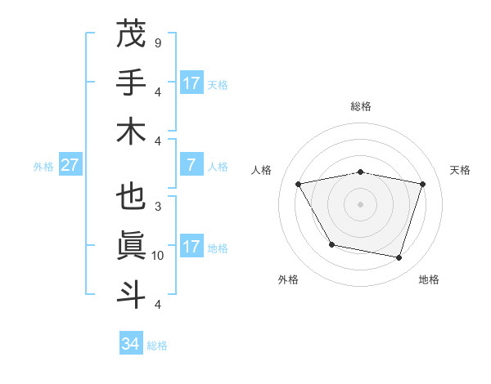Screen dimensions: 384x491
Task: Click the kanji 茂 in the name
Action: (131, 35)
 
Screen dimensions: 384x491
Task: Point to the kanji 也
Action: (131, 199)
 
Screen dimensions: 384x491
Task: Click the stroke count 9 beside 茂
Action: (157, 42)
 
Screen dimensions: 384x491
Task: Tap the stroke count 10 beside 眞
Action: (158, 256)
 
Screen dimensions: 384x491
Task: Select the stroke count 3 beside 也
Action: (157, 207)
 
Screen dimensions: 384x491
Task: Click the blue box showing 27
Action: (70, 165)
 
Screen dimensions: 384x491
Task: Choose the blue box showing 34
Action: (131, 344)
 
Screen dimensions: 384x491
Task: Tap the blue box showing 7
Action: (191, 165)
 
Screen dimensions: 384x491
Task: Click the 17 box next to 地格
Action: (191, 247)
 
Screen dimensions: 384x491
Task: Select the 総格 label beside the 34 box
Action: (157, 346)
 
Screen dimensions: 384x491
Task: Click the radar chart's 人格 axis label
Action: (262, 170)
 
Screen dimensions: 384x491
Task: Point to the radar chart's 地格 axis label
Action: (429, 279)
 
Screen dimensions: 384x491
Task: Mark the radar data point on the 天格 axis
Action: (422, 184)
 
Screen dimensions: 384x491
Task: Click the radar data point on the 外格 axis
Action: (331, 244)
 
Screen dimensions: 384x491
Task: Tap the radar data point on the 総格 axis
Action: (360, 172)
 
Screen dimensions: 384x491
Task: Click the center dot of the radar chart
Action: (360, 203)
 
